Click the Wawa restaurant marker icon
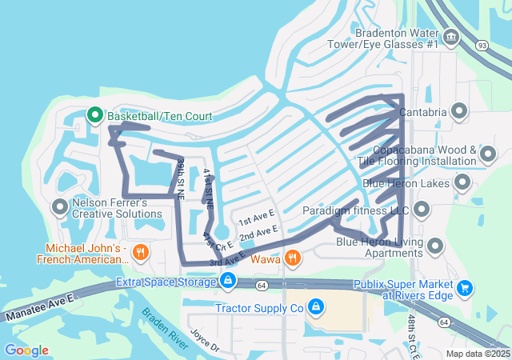pyautogui.click(x=294, y=258)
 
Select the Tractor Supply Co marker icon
pyautogui.click(x=316, y=307)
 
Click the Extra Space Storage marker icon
pyautogui.click(x=228, y=281)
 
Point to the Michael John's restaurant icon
pyautogui.click(x=141, y=254)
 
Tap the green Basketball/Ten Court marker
pyautogui.click(x=94, y=116)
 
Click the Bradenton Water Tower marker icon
pyautogui.click(x=450, y=37)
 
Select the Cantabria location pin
pyautogui.click(x=459, y=112)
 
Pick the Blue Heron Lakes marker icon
pyautogui.click(x=462, y=183)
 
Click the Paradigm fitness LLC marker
pyautogui.click(x=422, y=211)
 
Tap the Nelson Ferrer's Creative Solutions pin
pyautogui.click(x=59, y=208)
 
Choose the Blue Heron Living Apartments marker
pyautogui.click(x=435, y=246)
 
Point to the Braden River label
pyautogui.click(x=165, y=327)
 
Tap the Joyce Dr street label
pyautogui.click(x=204, y=341)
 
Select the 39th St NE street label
pyautogui.click(x=182, y=174)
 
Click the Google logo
pyautogui.click(x=26, y=350)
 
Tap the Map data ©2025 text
pyautogui.click(x=477, y=354)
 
